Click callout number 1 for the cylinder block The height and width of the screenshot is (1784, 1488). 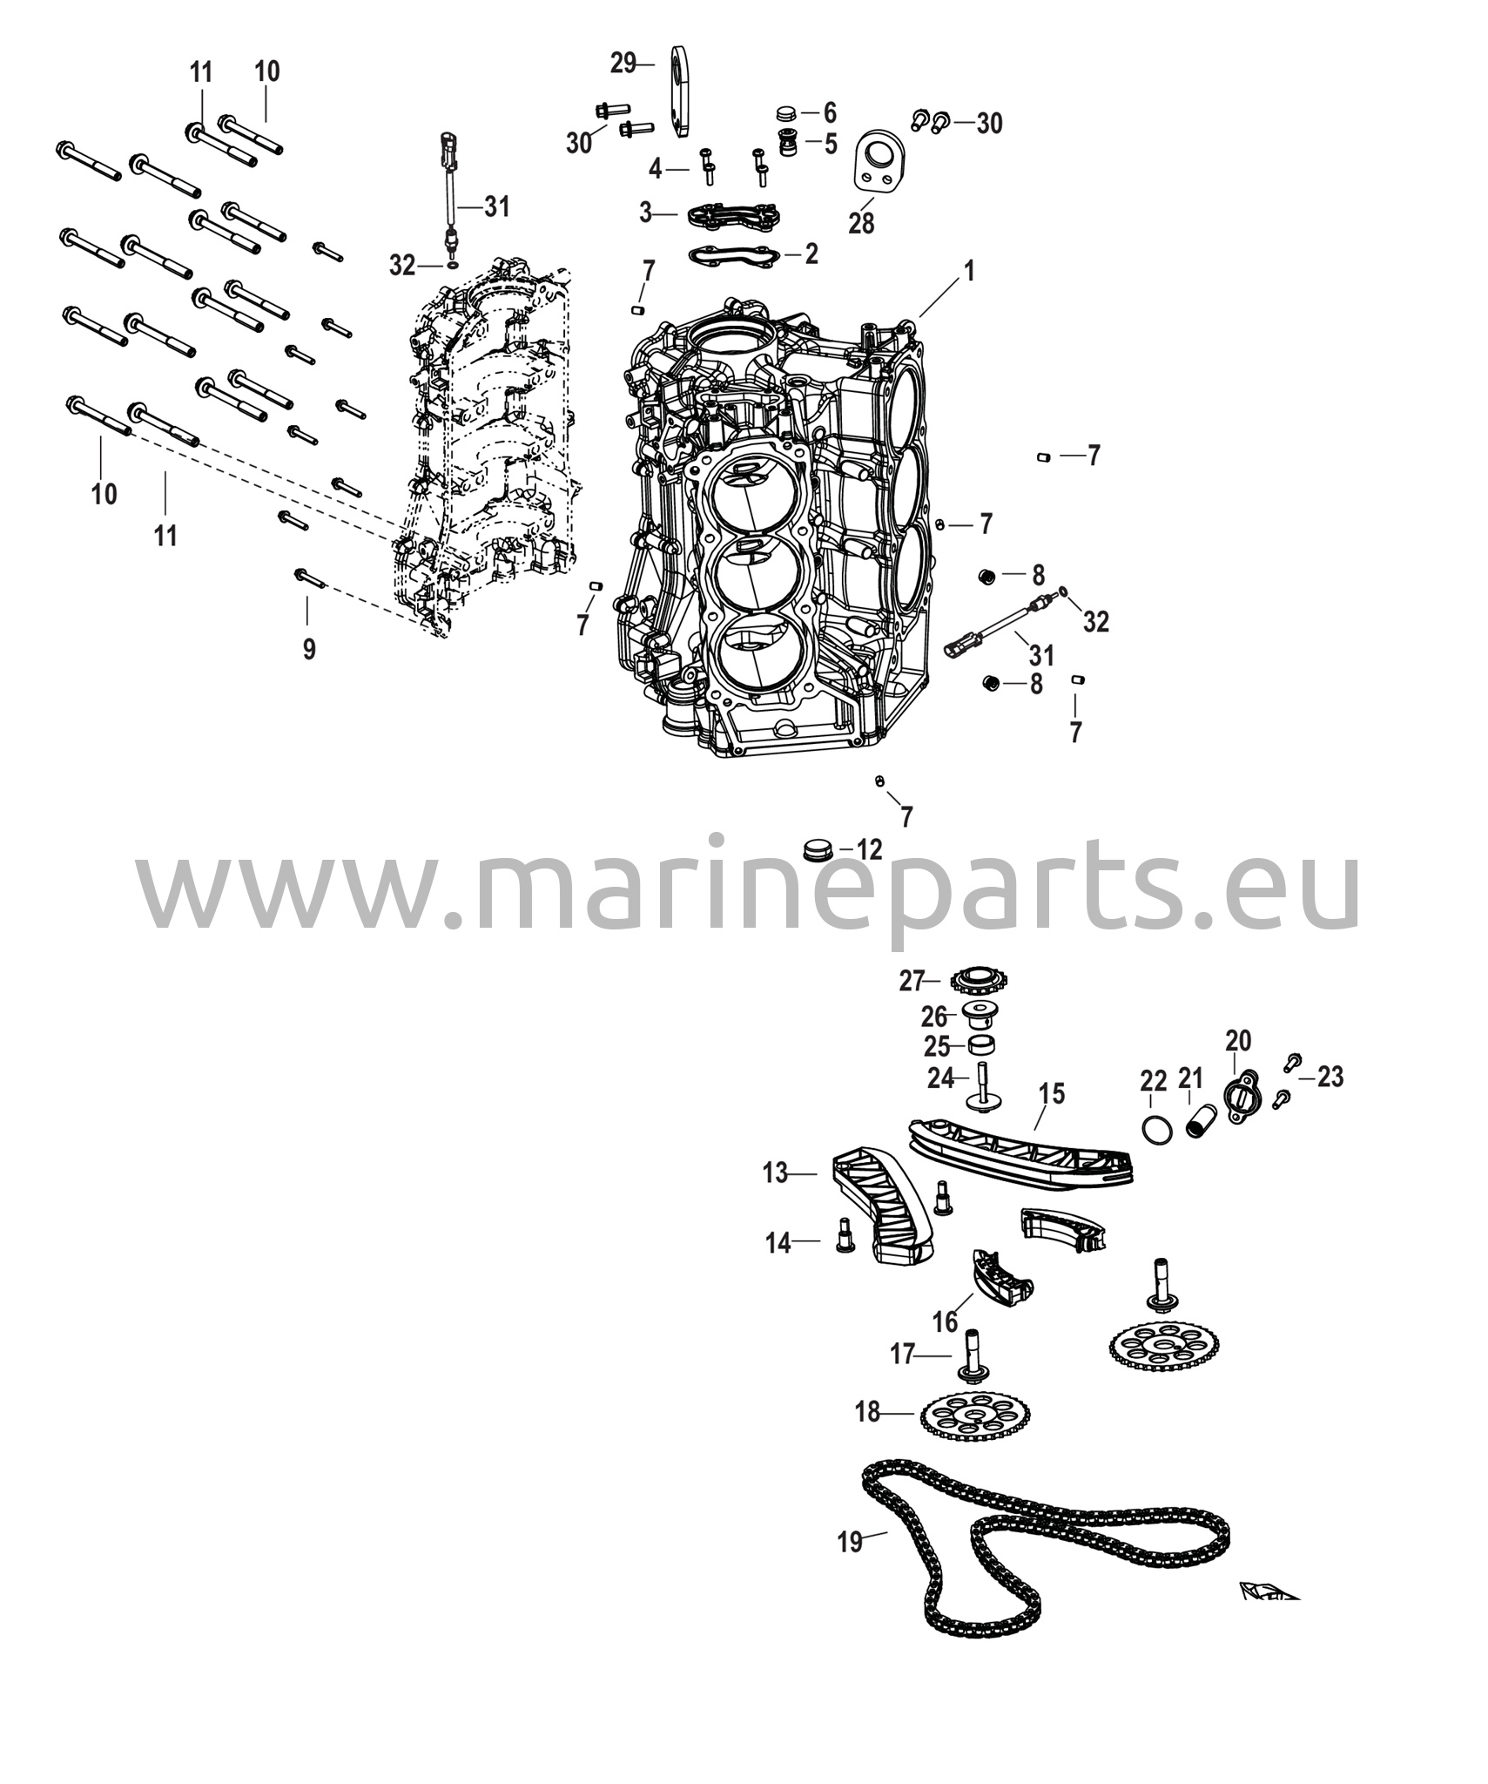click(x=968, y=272)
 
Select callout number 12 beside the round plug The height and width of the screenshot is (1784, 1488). click(x=869, y=849)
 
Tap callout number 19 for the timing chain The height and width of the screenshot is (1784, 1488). click(x=850, y=1543)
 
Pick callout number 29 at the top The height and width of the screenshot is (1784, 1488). click(x=623, y=64)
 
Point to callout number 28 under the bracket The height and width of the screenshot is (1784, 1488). click(x=861, y=224)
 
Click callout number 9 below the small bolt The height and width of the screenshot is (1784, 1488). click(x=309, y=649)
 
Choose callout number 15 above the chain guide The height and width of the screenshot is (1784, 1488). click(x=1052, y=1094)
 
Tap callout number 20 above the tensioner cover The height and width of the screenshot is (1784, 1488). click(x=1238, y=1040)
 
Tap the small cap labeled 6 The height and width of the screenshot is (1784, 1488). click(x=786, y=113)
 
